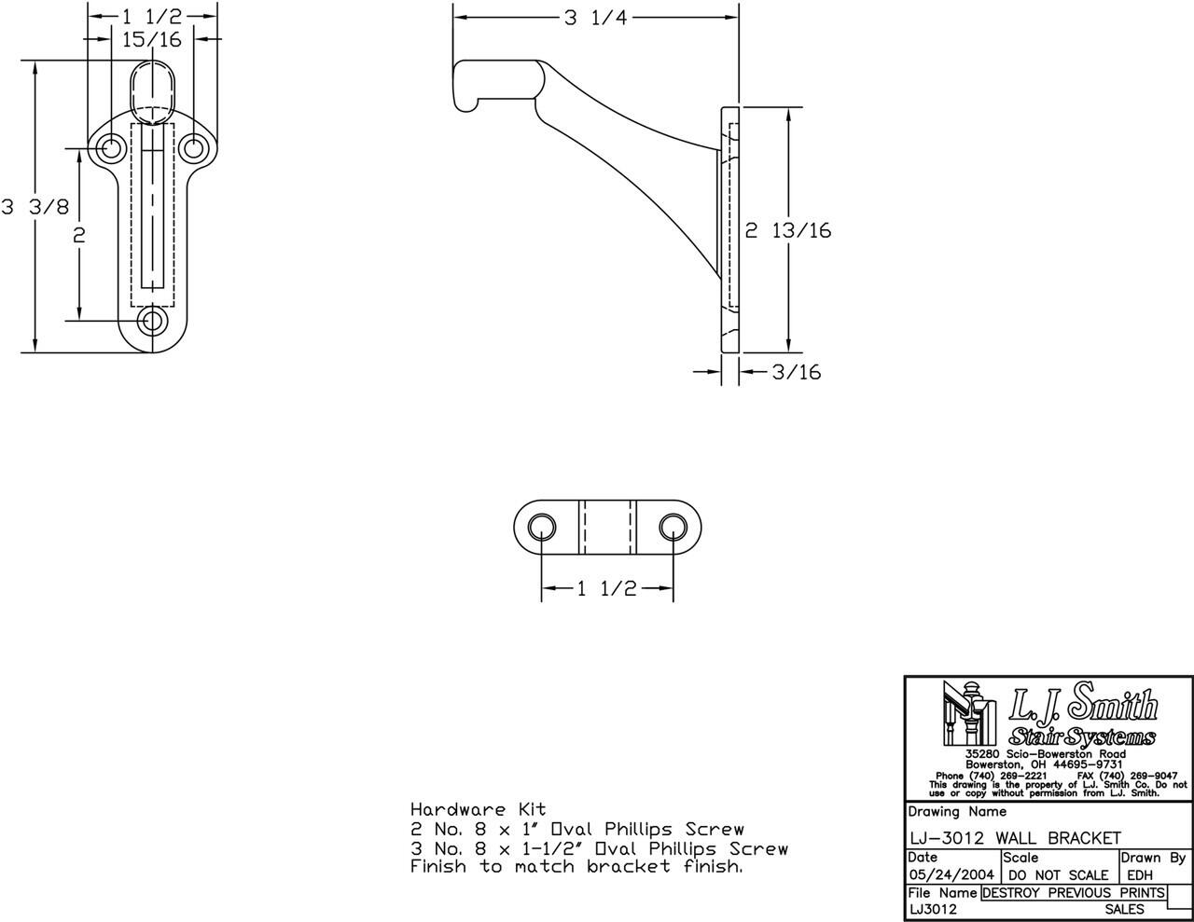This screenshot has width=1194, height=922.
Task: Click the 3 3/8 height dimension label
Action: [35, 207]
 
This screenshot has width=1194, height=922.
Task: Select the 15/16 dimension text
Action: [152, 39]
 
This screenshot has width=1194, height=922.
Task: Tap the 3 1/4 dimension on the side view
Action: [595, 18]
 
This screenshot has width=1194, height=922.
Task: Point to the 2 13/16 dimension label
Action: [787, 229]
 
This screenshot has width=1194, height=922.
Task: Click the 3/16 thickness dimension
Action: [796, 372]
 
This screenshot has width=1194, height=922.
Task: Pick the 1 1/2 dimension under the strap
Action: [606, 588]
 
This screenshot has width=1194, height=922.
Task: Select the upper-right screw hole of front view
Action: [193, 147]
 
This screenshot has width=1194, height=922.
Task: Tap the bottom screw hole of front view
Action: [152, 321]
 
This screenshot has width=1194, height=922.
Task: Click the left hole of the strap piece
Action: [539, 527]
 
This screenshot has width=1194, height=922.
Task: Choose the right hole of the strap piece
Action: [672, 527]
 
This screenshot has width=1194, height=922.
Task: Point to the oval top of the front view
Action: [152, 89]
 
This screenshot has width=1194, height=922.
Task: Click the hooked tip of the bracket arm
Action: [464, 89]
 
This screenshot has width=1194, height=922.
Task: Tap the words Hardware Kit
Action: [478, 809]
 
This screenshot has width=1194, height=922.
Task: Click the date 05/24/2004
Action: [951, 875]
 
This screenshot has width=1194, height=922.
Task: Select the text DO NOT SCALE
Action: [1059, 875]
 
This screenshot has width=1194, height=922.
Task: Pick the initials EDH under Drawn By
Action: [1139, 875]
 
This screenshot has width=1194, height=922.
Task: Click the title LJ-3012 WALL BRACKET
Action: [1014, 838]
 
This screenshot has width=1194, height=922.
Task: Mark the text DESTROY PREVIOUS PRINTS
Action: [1074, 892]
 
